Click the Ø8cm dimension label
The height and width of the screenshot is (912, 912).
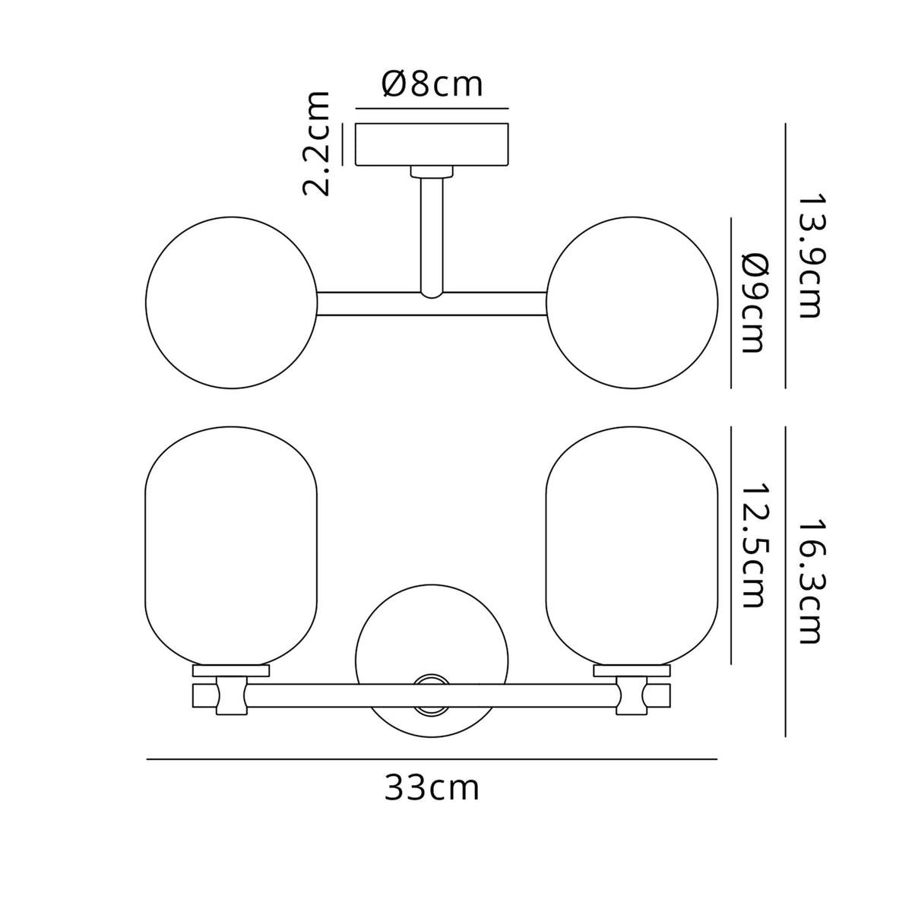432,85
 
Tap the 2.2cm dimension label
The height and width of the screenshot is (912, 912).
316,144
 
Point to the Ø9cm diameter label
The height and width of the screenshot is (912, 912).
752,304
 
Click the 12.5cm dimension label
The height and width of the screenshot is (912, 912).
752,545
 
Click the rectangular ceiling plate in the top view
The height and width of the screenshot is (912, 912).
432,144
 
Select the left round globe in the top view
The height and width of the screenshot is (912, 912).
232,303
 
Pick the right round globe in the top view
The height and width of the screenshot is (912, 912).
632,303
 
